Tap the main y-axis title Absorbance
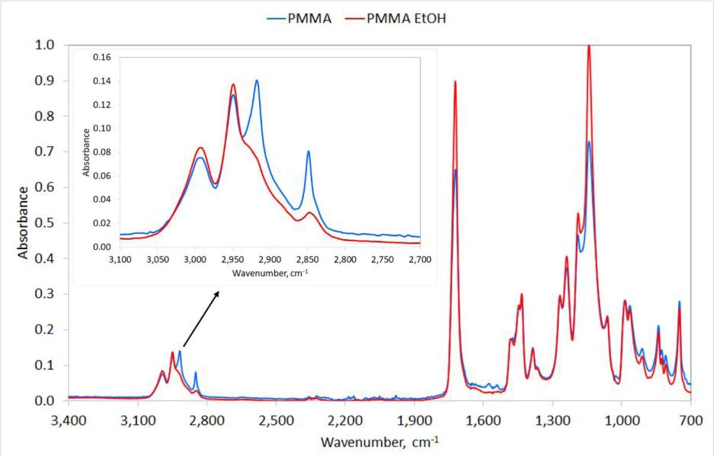24,223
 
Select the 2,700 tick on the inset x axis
419,260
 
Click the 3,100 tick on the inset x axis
120,260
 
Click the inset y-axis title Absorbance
87,152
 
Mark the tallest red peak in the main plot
589,46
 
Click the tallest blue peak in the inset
256,81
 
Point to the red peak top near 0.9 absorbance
455,81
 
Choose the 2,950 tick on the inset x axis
233,260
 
